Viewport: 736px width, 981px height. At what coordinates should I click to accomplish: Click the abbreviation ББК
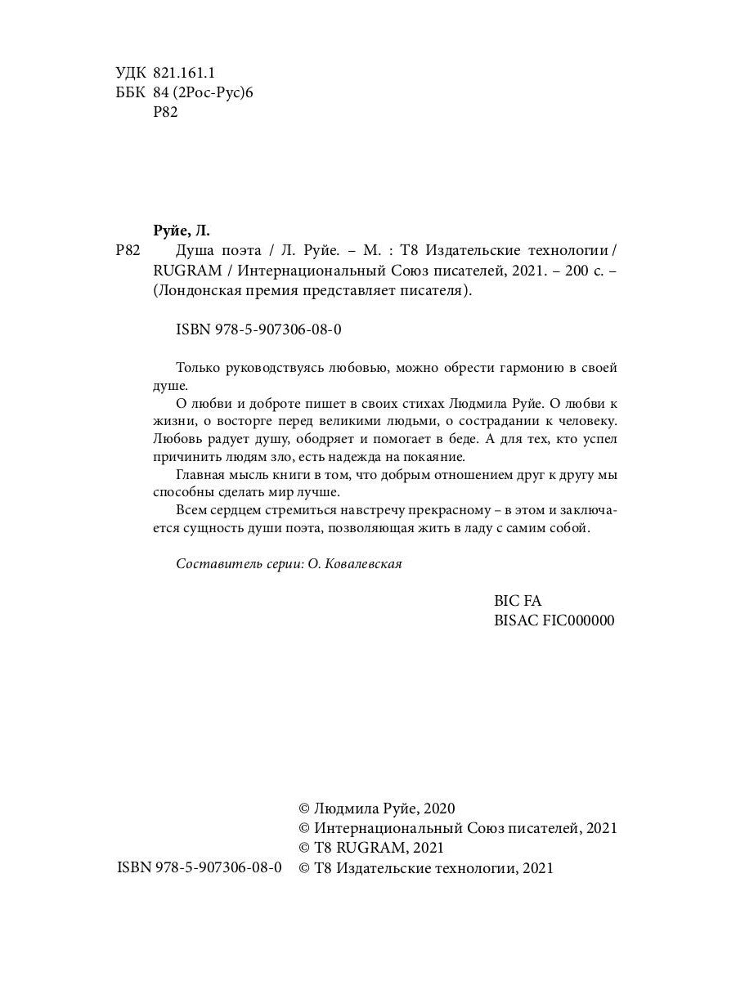click(x=131, y=93)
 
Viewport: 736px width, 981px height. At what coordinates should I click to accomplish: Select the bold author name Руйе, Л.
click(x=182, y=230)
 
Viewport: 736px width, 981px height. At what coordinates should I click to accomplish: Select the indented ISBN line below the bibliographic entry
click(x=258, y=329)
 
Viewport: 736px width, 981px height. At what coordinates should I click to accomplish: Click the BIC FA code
click(x=518, y=601)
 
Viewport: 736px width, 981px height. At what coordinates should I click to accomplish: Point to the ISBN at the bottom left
click(x=200, y=867)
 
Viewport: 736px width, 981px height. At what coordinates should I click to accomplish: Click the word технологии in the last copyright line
click(x=469, y=868)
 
